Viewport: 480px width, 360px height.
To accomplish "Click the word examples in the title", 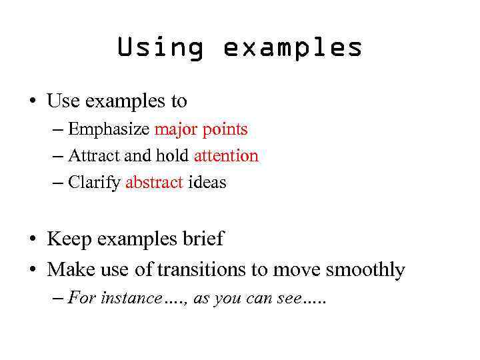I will coord(293,48).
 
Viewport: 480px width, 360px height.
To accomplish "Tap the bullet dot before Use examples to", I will coord(31,101).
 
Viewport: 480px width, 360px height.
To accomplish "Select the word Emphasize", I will coord(109,129).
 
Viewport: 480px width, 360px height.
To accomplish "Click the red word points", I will coord(225,129).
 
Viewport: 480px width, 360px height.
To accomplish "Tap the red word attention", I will coord(225,156).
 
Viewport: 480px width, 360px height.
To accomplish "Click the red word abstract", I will coord(154,183).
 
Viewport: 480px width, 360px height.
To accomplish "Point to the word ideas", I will coord(207,183).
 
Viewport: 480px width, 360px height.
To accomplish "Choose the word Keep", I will coord(69,239).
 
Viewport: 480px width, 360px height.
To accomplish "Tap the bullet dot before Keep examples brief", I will coord(31,239).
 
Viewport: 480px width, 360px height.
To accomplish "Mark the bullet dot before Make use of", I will coord(31,270).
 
